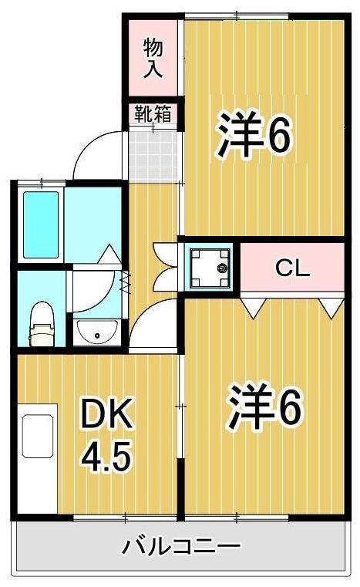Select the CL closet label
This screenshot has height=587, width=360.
292,268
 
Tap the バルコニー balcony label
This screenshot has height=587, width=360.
180,547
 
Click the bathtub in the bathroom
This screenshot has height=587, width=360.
41,224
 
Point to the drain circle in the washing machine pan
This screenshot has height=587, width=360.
222,268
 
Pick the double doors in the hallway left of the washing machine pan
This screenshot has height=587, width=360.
164,266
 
